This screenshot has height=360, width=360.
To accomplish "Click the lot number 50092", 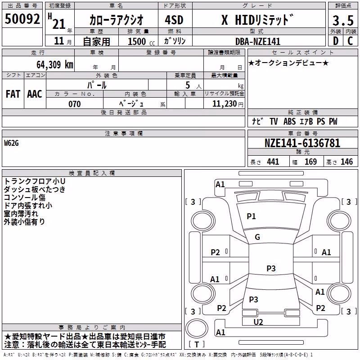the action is [x=22, y=19].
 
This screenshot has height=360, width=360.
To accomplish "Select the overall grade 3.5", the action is [x=343, y=21].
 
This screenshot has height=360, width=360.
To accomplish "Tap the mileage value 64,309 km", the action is [x=55, y=65].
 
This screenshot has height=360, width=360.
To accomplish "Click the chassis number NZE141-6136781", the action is [x=302, y=143].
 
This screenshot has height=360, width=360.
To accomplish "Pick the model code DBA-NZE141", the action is [x=258, y=41].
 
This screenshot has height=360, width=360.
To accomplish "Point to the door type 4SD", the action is [x=174, y=20].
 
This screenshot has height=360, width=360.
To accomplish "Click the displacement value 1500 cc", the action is [x=141, y=41].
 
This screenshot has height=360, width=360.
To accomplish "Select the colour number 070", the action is [x=75, y=104].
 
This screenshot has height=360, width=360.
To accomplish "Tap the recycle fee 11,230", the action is [x=225, y=104].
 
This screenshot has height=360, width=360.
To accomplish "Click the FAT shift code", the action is [x=13, y=94].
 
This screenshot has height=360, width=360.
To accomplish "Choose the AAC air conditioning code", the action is [x=35, y=94].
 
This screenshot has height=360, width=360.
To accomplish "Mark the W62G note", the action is [x=11, y=143].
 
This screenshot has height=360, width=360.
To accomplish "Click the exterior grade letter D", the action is [x=336, y=41].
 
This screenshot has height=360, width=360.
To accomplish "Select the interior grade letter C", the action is [x=350, y=41].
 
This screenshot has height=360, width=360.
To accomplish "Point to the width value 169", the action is [x=310, y=162].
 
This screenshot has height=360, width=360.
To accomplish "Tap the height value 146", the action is [x=346, y=162].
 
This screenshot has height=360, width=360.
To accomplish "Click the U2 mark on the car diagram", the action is [x=258, y=322].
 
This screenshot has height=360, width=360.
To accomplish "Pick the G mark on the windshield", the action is [x=257, y=237].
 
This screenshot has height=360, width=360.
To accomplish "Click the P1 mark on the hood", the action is [x=251, y=216].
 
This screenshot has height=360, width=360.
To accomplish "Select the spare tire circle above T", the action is [x=197, y=329].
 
